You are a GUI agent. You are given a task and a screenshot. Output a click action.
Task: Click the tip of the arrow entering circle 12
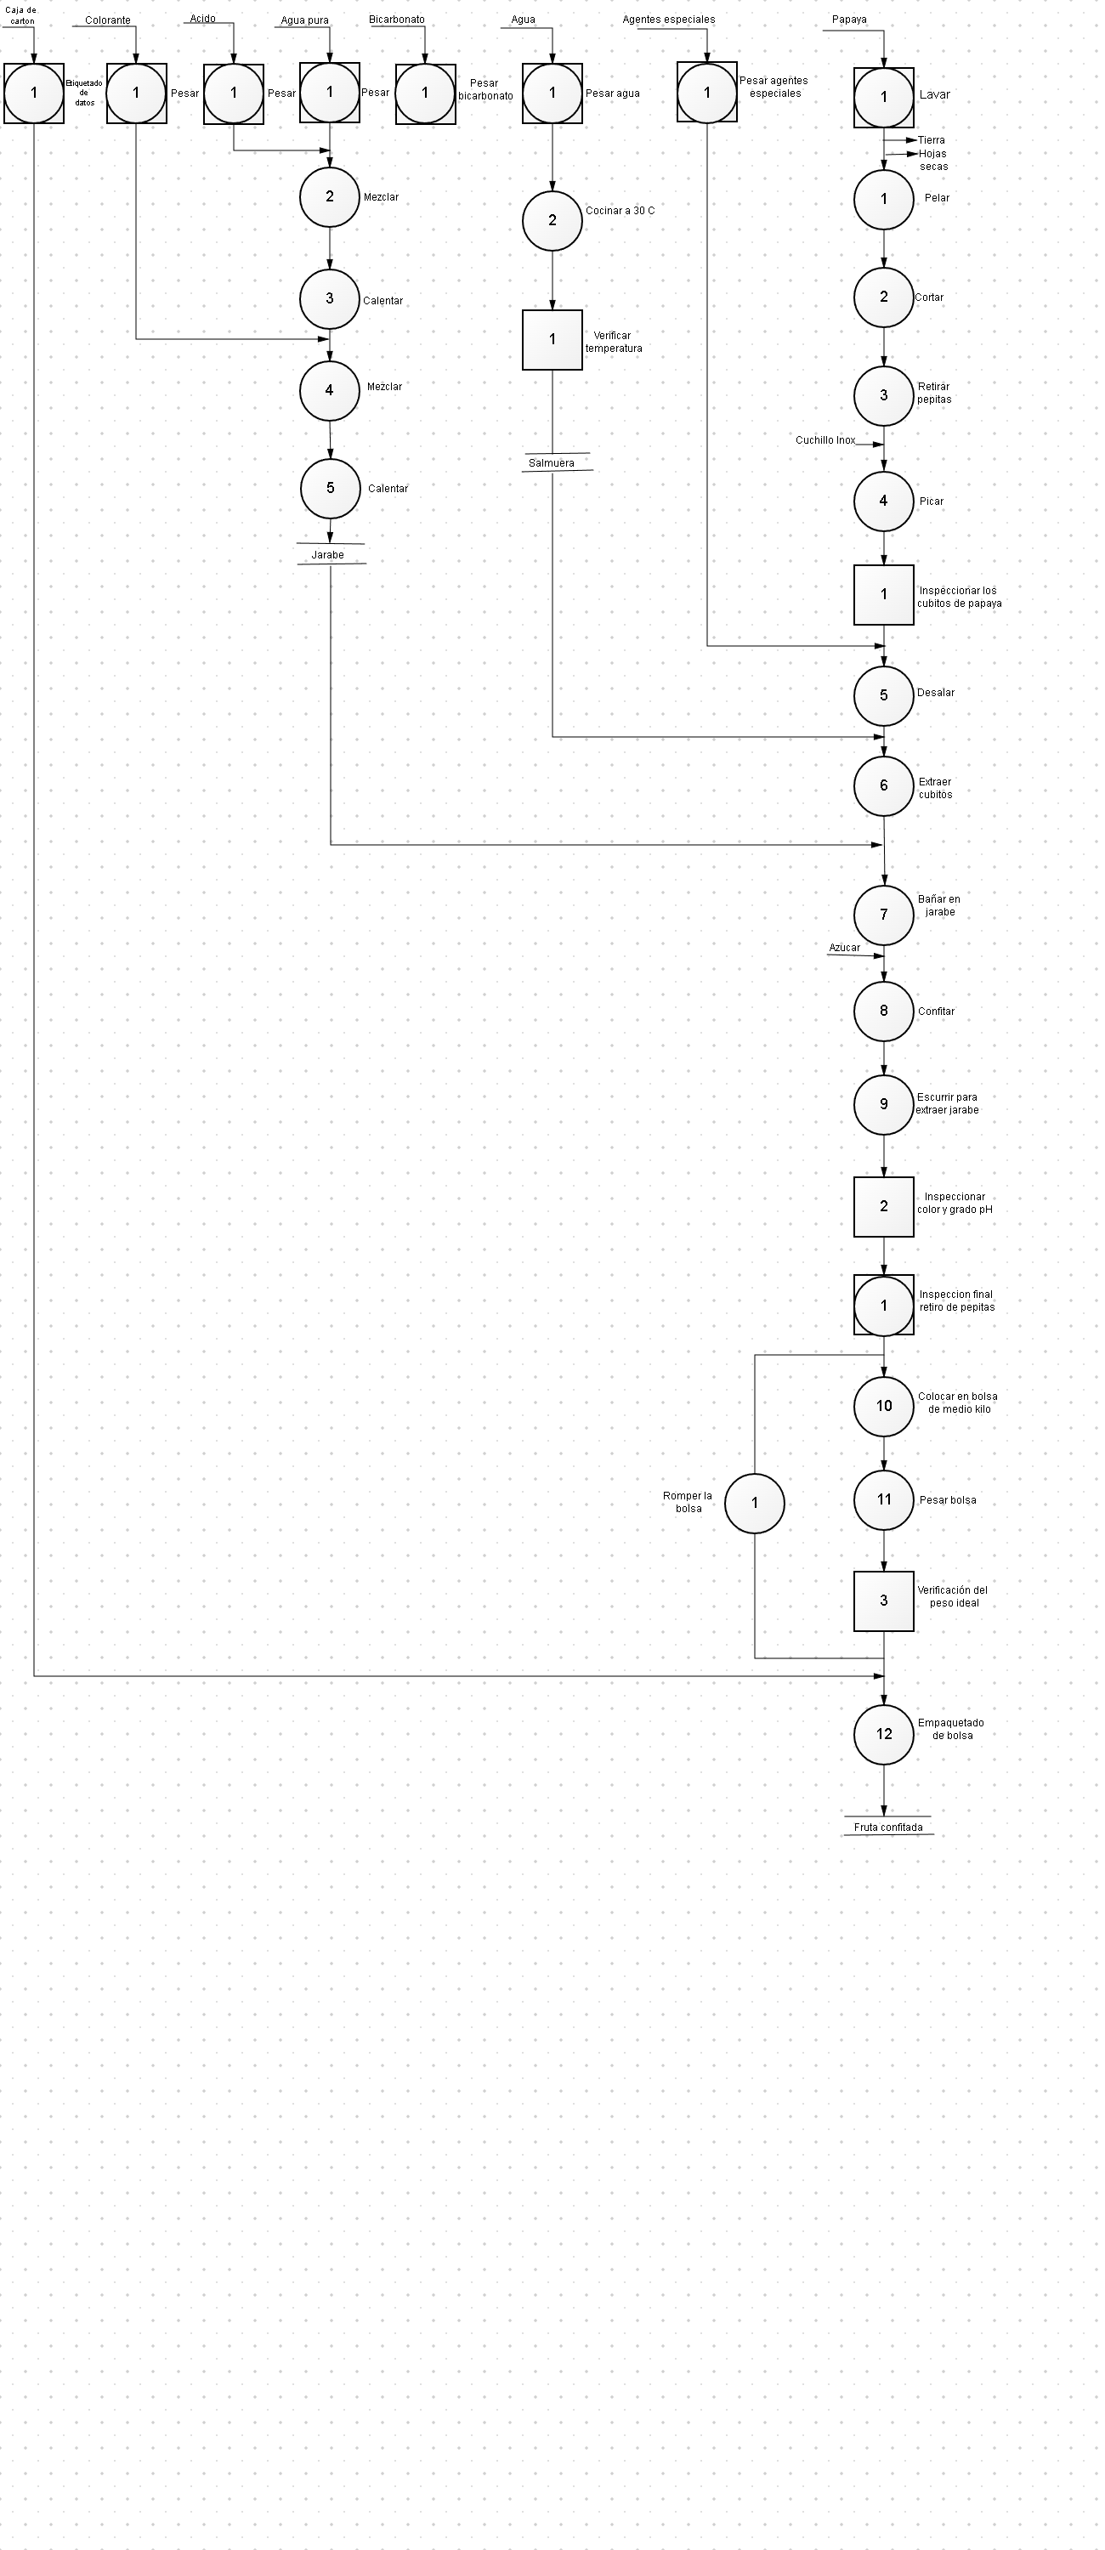[x=884, y=1703]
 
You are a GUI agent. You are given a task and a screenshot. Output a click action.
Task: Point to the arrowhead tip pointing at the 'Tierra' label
[x=917, y=140]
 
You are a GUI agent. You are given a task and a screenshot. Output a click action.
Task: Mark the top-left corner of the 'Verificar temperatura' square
[x=523, y=311]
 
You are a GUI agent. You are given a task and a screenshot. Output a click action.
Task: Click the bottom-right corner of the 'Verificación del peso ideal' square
[x=914, y=1631]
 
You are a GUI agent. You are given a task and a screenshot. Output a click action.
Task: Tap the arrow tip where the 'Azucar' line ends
[x=884, y=956]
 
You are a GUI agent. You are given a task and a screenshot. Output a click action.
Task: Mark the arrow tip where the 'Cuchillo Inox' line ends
[x=884, y=445]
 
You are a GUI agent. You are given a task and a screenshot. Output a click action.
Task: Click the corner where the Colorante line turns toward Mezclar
[x=137, y=339]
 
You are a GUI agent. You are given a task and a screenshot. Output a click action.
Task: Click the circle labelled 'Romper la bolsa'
[x=755, y=1503]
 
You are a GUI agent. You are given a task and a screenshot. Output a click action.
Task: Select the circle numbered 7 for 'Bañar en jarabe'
[x=884, y=915]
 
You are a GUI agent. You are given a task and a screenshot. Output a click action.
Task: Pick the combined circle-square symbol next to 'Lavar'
[x=884, y=97]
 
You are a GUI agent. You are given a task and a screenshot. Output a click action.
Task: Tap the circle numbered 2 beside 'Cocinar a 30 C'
[x=552, y=221]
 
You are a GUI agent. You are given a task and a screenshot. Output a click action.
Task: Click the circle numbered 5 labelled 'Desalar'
[x=884, y=695]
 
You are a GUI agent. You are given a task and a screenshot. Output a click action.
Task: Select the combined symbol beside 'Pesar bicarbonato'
[x=426, y=93]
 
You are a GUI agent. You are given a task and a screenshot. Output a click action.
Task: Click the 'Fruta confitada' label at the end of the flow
[x=888, y=1827]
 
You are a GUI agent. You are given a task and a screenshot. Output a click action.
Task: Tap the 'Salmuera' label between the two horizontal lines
[x=552, y=463]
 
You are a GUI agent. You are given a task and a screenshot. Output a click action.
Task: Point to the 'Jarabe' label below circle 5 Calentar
[x=328, y=555]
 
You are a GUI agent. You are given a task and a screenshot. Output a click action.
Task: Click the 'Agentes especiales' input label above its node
[x=668, y=20]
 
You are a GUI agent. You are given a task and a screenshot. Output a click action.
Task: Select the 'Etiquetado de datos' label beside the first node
[x=84, y=93]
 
